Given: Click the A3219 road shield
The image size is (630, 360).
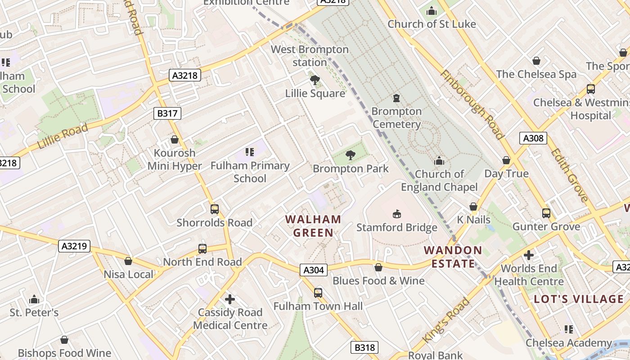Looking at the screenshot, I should [x=75, y=246].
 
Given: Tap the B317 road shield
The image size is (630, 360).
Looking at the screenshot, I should [x=167, y=113].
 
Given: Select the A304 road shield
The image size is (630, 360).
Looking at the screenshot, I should [x=313, y=270].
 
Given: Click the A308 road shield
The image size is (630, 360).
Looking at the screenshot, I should [x=533, y=138].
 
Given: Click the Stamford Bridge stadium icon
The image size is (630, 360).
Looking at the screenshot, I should [x=396, y=214].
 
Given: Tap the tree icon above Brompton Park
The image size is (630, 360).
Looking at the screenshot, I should [x=350, y=156].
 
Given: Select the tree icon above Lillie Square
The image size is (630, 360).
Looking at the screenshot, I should [x=315, y=81].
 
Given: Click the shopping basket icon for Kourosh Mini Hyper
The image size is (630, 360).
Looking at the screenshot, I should [x=175, y=140].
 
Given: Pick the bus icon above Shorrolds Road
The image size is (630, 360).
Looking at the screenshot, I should [x=215, y=209].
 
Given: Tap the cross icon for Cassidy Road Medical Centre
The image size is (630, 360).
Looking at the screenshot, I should [x=230, y=299].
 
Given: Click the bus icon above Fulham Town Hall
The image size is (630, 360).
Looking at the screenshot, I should [x=318, y=293].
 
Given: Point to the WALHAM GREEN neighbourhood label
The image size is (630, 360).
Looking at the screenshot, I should [x=313, y=226].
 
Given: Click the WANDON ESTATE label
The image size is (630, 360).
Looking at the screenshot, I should [x=453, y=257].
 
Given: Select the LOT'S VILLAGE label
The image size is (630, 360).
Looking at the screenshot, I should [x=579, y=299].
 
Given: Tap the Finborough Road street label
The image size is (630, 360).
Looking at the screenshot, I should [x=472, y=105].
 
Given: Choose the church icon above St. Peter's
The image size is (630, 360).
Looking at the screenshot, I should [x=34, y=300].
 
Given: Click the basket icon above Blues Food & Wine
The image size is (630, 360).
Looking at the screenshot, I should [x=378, y=268].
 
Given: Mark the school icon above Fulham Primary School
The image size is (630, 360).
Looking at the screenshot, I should [x=250, y=153].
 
